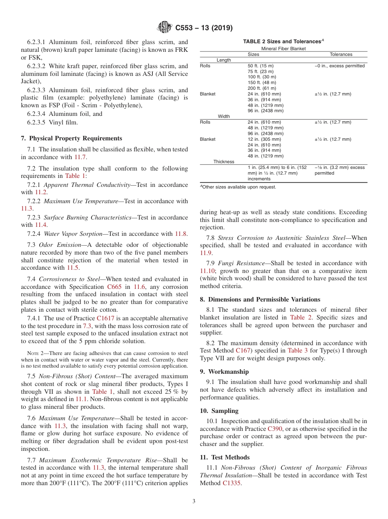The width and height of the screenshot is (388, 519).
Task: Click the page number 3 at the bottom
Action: click(x=194, y=501)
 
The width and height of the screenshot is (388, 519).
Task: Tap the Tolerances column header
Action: click(x=341, y=54)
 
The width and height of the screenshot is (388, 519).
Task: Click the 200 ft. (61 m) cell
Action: click(x=262, y=88)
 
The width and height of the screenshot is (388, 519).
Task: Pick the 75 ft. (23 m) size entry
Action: click(x=261, y=71)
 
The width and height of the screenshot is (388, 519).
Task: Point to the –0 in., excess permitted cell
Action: click(x=340, y=66)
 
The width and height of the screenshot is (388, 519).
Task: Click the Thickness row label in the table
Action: click(x=224, y=162)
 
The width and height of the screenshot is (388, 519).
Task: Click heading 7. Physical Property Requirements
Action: click(x=71, y=138)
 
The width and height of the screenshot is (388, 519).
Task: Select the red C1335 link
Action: click(x=232, y=483)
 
